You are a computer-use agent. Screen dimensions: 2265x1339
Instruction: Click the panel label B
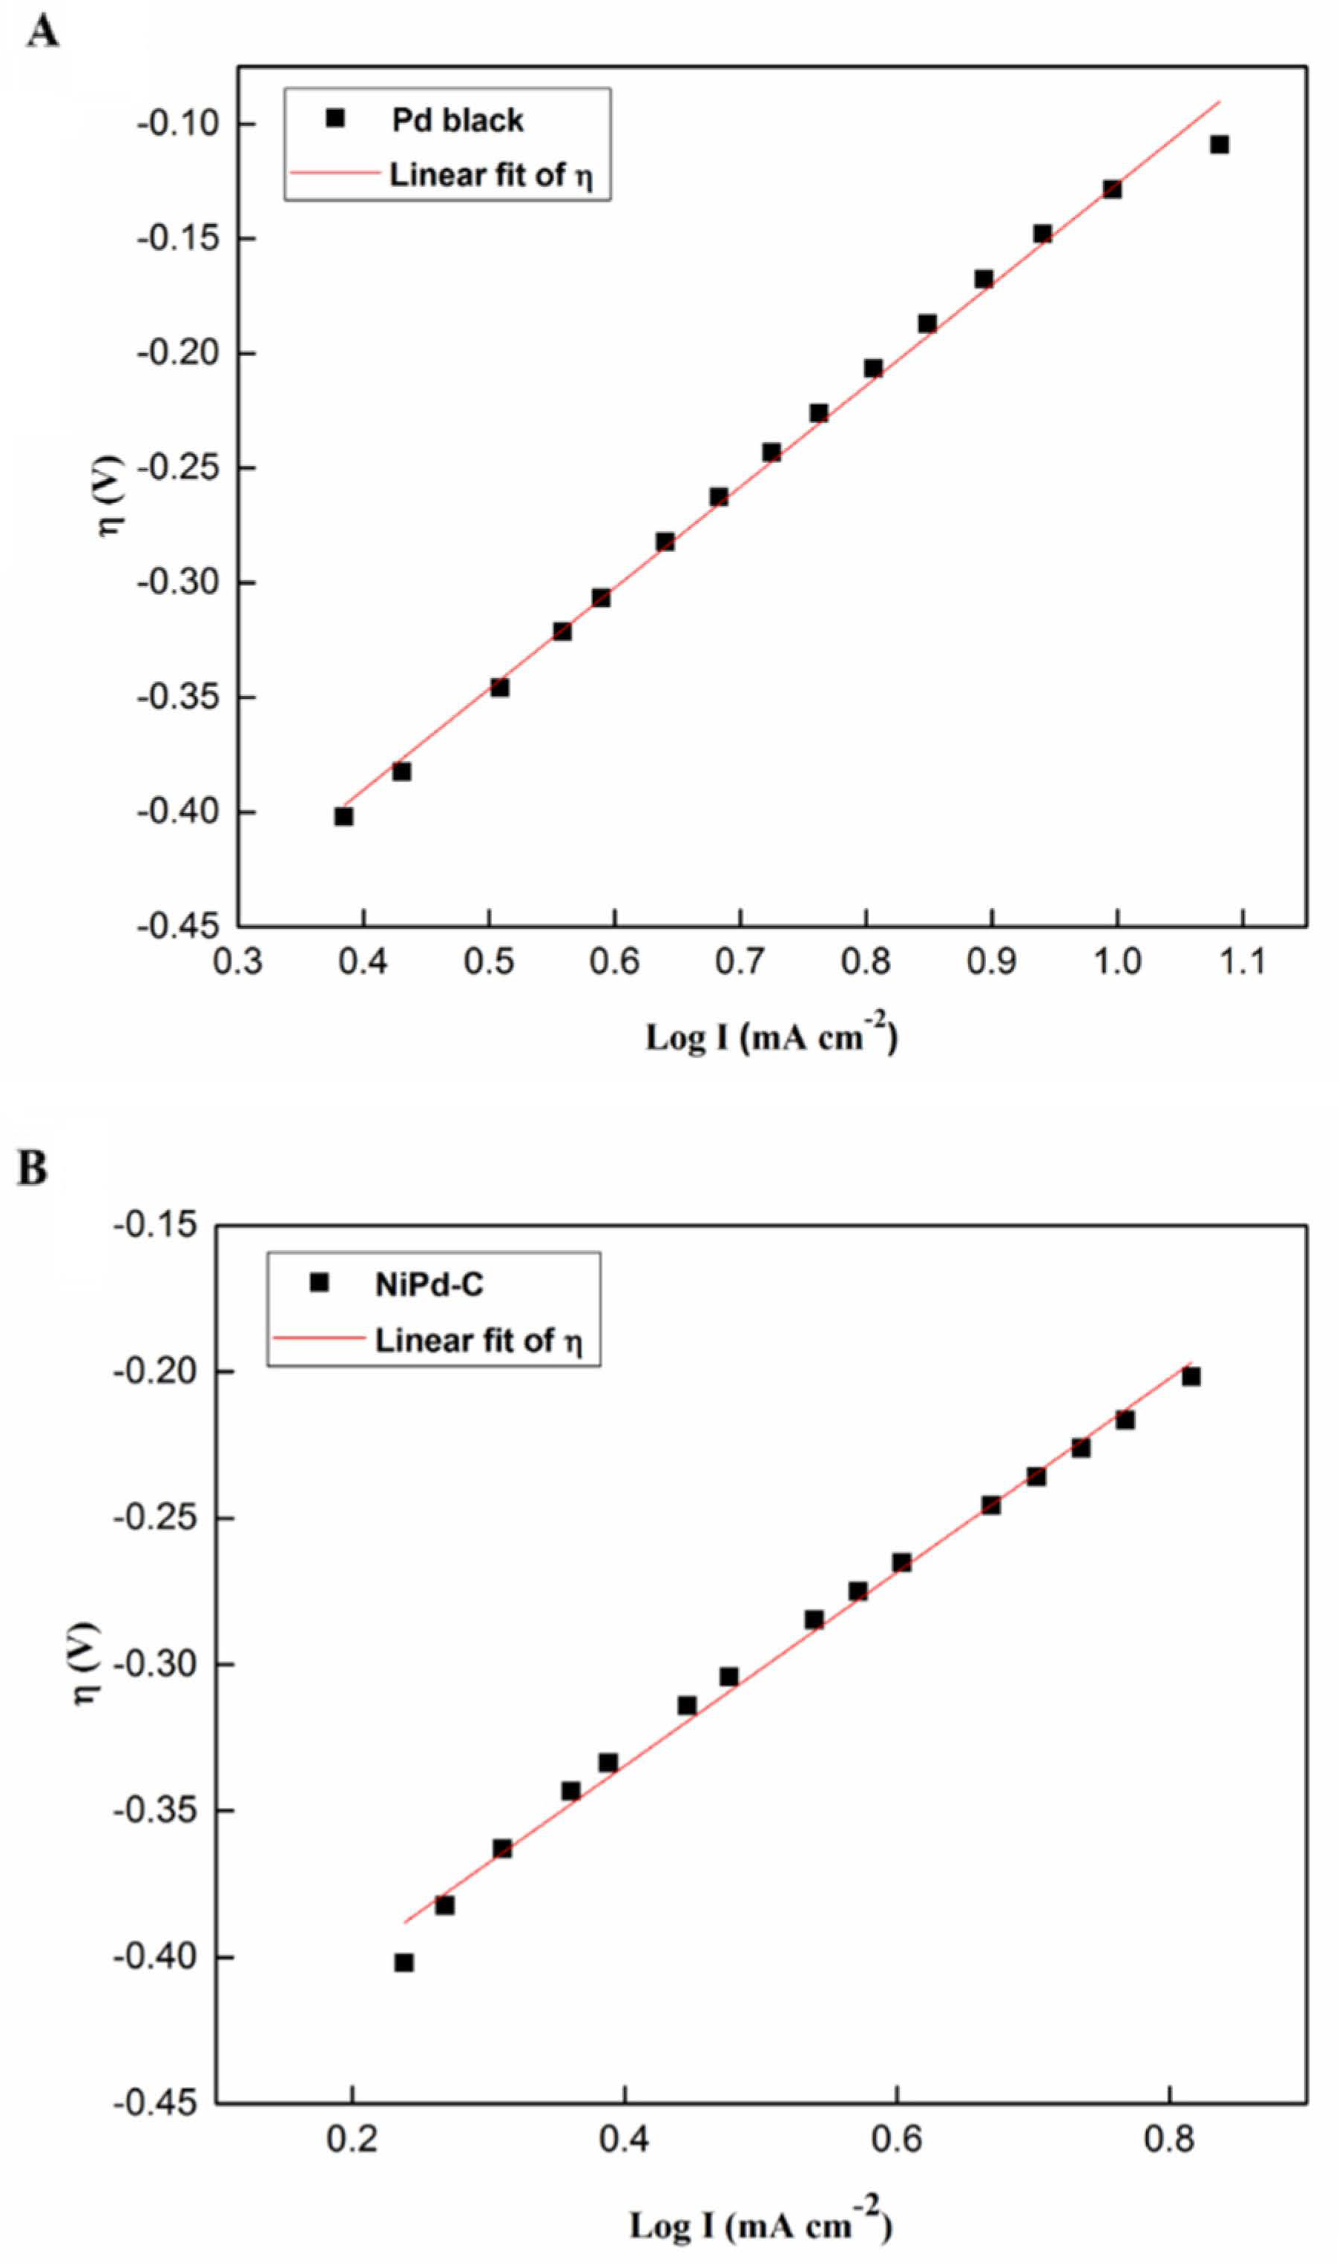point(33,1168)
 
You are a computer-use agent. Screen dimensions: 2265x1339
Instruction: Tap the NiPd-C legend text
point(429,1284)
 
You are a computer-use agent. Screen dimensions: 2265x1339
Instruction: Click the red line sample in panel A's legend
point(332,172)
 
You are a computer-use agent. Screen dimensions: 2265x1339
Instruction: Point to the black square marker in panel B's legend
point(318,1282)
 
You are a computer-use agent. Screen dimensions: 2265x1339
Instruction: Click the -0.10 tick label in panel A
point(179,124)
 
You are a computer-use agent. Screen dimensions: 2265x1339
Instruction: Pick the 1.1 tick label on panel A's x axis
point(1243,962)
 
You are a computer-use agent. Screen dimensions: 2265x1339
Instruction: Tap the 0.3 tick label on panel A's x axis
point(237,962)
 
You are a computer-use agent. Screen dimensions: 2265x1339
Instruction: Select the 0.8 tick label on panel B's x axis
point(1168,2140)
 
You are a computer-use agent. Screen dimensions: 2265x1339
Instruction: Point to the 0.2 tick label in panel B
point(352,2140)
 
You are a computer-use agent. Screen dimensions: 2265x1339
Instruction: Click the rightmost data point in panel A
point(1219,145)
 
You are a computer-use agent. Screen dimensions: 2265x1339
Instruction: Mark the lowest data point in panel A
point(343,817)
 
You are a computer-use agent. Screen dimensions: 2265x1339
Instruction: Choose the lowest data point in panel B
point(404,1963)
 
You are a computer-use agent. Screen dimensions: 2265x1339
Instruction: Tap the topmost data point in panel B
point(1191,1377)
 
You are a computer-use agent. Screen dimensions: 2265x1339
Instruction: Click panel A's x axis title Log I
point(771,1039)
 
